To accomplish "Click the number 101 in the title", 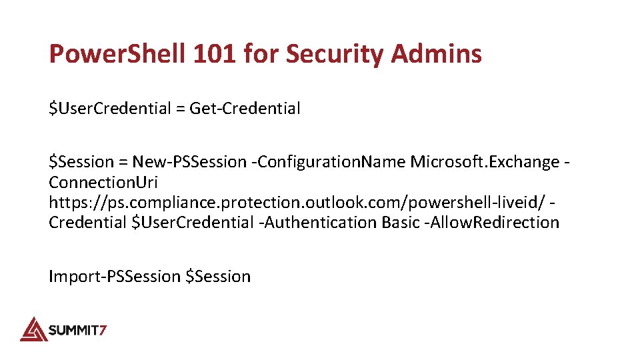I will pyautogui.click(x=215, y=54).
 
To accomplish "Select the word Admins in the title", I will pyautogui.click(x=436, y=54).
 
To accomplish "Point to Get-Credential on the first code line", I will pyautogui.click(x=245, y=108).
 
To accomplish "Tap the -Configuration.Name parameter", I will pyautogui.click(x=332, y=161).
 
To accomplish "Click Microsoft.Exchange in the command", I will pyautogui.click(x=485, y=161).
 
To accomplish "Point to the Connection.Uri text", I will pyautogui.click(x=103, y=182).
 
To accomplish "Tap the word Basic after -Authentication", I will pyautogui.click(x=401, y=222).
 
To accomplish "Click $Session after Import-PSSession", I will pyautogui.click(x=218, y=276).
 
